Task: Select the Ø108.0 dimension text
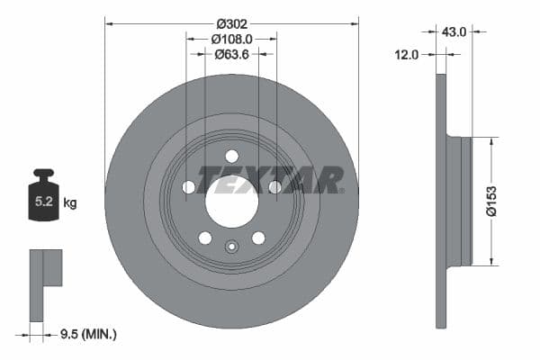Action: coord(231,40)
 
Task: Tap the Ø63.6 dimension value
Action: coord(231,55)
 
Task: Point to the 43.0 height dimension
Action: coord(453,31)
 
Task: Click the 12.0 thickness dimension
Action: coord(408,55)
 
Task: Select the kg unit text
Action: coord(70,203)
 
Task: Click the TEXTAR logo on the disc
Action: coord(270,180)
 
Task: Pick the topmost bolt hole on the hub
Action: coord(231,155)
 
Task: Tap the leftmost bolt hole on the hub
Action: coord(188,187)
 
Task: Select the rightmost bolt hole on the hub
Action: coord(274,187)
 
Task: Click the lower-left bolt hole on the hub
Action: coord(205,238)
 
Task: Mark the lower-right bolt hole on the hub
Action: coord(258,238)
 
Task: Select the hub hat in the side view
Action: coord(460,202)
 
